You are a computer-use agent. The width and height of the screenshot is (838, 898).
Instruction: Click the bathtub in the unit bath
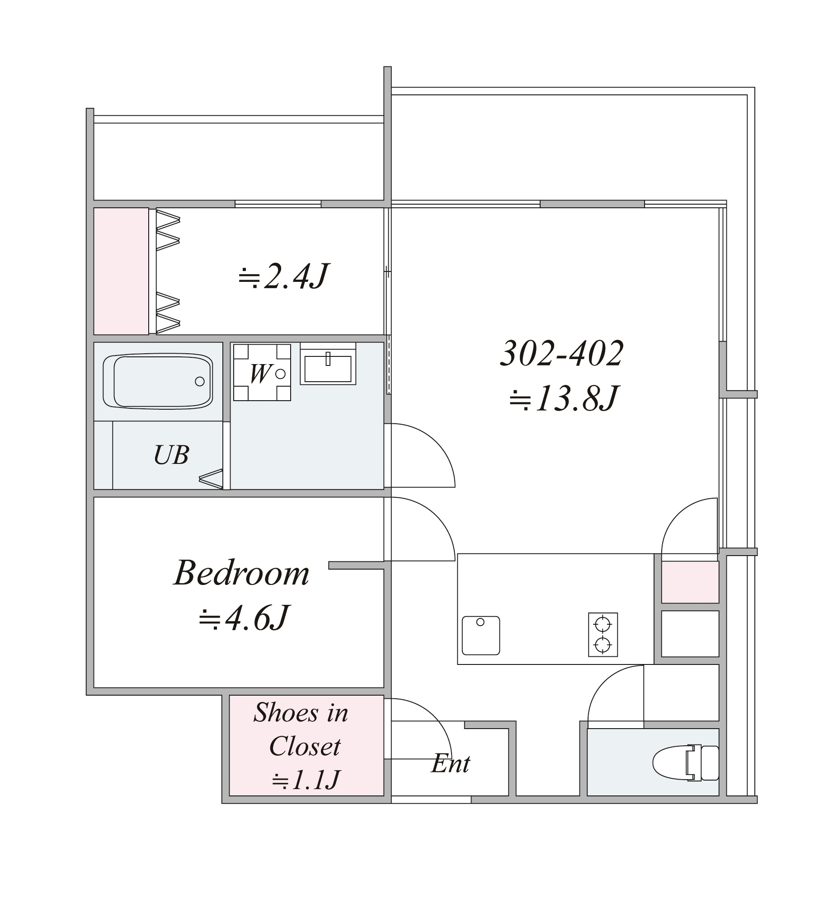pos(158,382)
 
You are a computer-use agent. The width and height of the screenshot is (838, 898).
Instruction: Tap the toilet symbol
pos(685,763)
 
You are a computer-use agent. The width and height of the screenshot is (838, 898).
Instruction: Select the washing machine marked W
pos(262,373)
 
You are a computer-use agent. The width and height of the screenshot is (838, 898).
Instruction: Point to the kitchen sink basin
pos(481,635)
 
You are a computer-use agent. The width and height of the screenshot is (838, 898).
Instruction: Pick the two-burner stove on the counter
pos(603,635)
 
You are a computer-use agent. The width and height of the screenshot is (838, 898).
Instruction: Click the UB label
pos(171,455)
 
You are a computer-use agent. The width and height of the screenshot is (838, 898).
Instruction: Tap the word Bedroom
pos(242,573)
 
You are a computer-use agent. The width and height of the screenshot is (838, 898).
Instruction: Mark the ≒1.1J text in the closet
pos(306,779)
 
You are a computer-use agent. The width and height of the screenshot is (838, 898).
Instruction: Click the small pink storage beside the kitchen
pos(690,582)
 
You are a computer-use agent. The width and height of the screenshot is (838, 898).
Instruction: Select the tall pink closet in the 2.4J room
pos(121,271)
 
